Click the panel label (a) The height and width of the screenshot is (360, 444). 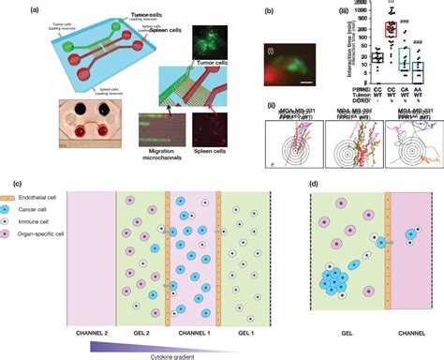point(10,8)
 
